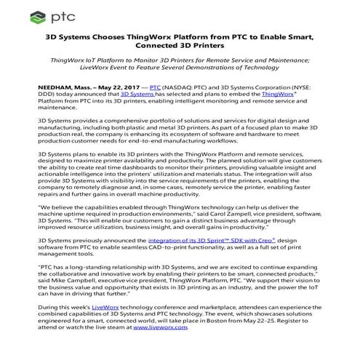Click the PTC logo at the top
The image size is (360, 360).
point(44,14)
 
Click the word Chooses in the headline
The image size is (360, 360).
point(128,34)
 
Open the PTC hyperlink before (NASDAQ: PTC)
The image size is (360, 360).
point(145,84)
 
